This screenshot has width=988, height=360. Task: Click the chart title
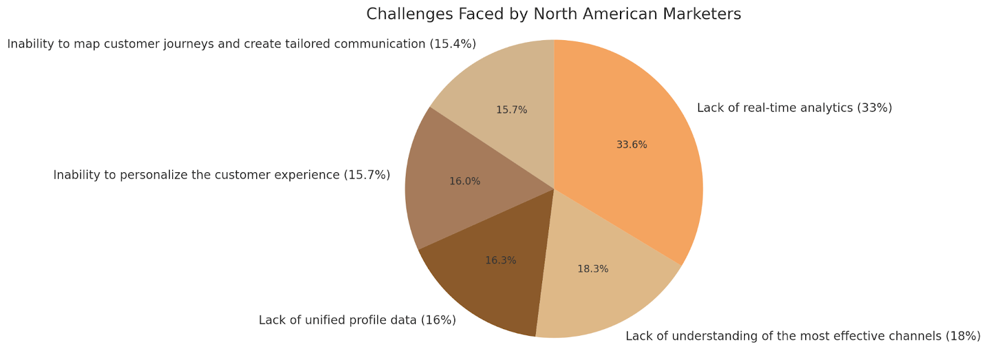click(553, 14)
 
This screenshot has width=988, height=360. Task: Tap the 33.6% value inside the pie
click(632, 145)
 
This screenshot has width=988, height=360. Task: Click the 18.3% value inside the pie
click(593, 269)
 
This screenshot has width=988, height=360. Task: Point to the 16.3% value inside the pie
click(500, 261)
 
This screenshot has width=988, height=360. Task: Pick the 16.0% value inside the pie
click(464, 182)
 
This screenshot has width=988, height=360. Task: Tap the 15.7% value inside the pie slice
click(511, 110)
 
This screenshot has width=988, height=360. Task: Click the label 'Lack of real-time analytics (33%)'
click(794, 108)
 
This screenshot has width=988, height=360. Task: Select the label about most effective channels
click(803, 337)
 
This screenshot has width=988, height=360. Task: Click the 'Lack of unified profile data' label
click(357, 320)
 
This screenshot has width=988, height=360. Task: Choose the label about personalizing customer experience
click(222, 175)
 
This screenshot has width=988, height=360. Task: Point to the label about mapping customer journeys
click(241, 44)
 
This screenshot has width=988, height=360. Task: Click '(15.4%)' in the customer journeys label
click(453, 44)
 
